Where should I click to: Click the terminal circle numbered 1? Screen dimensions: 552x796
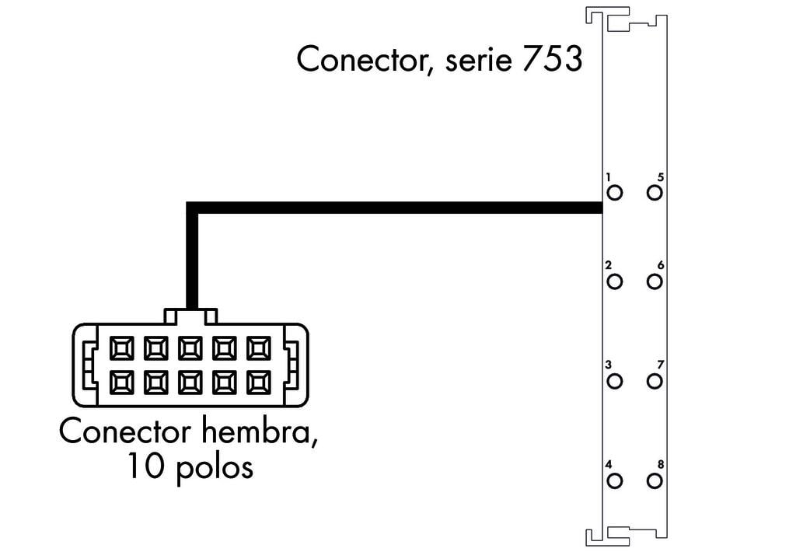point(615,193)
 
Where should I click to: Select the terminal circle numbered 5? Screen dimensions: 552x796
point(655,193)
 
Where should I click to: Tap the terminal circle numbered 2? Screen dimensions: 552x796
point(615,281)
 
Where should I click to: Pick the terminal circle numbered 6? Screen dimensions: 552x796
point(655,281)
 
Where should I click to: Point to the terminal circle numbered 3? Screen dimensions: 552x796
point(615,381)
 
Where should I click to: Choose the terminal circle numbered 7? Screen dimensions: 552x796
point(655,381)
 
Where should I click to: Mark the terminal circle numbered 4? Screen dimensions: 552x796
point(615,480)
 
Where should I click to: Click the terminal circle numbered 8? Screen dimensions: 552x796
point(655,480)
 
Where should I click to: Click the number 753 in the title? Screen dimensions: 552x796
point(552,60)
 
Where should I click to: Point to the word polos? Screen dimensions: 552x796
point(209,468)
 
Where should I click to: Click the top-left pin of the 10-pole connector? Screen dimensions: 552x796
point(122,348)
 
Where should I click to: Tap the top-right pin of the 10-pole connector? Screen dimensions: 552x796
point(259,348)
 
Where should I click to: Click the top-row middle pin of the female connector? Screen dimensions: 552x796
point(190,348)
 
